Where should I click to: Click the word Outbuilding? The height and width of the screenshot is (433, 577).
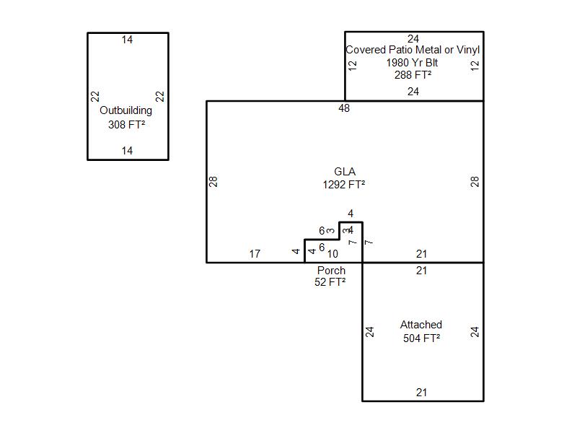coord(126,111)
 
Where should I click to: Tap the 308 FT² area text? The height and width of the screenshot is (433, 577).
coord(126,124)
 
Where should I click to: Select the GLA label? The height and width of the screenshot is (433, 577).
coord(344,172)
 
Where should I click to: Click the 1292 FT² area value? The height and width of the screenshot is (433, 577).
coord(344,185)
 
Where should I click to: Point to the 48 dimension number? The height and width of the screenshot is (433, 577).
coord(344,108)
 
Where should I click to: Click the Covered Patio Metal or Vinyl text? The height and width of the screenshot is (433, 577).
coord(413,51)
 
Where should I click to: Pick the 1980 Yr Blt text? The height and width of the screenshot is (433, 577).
coord(413,63)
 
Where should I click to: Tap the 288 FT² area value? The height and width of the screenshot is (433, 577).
coord(413,74)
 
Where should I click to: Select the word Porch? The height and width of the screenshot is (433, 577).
coord(331,271)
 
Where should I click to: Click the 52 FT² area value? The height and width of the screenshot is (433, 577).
coord(330,282)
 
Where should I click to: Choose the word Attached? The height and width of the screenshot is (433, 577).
coord(421,325)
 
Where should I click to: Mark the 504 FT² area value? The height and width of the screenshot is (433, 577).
coord(422,338)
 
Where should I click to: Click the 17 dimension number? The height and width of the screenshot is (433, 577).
coord(255,254)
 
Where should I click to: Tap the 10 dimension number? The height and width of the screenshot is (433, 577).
coord(332,254)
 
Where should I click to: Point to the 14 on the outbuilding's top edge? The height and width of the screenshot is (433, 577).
coord(127,40)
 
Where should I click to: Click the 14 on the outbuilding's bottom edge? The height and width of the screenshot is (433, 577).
coord(127,151)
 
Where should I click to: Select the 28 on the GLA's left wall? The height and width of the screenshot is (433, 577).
coord(213,182)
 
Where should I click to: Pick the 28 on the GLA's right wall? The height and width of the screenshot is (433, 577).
coord(475,182)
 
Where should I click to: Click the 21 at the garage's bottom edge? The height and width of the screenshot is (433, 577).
coord(422,393)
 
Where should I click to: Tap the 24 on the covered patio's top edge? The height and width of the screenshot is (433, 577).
coord(413,39)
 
